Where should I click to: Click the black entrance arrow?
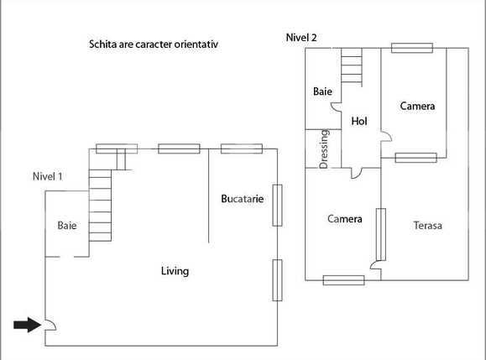click(x=27, y=325)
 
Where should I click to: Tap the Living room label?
click(x=175, y=271)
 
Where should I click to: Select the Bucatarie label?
click(x=243, y=199)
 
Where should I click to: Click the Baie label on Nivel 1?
click(x=67, y=226)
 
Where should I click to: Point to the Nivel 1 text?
click(x=47, y=176)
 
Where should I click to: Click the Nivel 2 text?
click(x=301, y=37)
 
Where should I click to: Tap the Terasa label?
click(x=427, y=226)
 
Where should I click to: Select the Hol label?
click(x=359, y=121)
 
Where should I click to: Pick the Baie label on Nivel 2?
click(x=322, y=91)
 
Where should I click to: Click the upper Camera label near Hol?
click(x=417, y=107)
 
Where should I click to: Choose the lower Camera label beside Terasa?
click(x=344, y=219)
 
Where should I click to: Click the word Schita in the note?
click(x=103, y=43)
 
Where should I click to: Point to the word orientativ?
click(x=203, y=43)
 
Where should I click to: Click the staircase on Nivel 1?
click(x=101, y=206)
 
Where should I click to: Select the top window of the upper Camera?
click(x=412, y=47)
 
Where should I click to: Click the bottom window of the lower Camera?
click(x=343, y=280)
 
